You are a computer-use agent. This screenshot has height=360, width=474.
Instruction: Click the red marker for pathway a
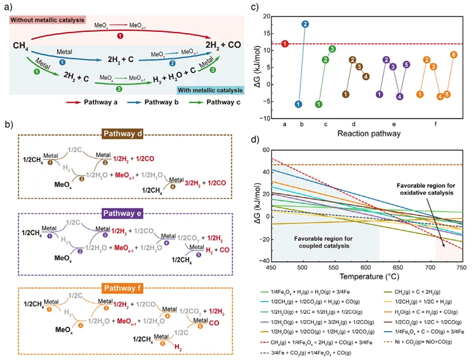(x=285, y=44)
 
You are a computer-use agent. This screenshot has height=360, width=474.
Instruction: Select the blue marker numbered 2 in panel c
(x=305, y=24)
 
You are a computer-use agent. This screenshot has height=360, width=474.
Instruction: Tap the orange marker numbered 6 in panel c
(x=454, y=55)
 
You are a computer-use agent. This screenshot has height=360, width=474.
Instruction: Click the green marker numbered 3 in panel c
(x=332, y=49)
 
